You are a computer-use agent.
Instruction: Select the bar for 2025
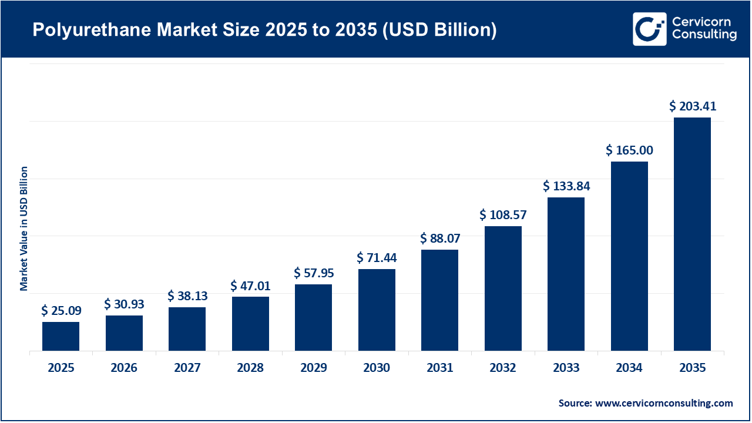pyautogui.click(x=61, y=336)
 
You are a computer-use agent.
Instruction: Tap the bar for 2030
pyautogui.click(x=377, y=310)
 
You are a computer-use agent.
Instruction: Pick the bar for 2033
pyautogui.click(x=566, y=274)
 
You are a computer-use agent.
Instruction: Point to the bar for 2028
pyautogui.click(x=250, y=323)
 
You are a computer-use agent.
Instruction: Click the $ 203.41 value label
pyautogui.click(x=693, y=106)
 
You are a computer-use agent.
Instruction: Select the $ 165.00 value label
pyautogui.click(x=629, y=150)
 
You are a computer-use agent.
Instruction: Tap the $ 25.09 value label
pyautogui.click(x=61, y=311)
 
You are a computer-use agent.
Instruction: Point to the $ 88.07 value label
pyautogui.click(x=440, y=239)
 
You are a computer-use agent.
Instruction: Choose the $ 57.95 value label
pyautogui.click(x=314, y=273)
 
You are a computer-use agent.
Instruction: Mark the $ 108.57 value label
pyautogui.click(x=503, y=215)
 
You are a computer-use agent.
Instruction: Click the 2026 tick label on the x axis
pyautogui.click(x=124, y=368)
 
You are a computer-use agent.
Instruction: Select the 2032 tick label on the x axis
pyautogui.click(x=503, y=368)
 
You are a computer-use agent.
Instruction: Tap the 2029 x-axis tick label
pyautogui.click(x=314, y=368)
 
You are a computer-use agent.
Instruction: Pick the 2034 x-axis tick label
pyautogui.click(x=629, y=368)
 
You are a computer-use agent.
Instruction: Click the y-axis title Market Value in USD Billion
pyautogui.click(x=24, y=228)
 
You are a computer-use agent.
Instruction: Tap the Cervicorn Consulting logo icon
pyautogui.click(x=649, y=29)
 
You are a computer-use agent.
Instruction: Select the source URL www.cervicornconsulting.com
pyautogui.click(x=664, y=403)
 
